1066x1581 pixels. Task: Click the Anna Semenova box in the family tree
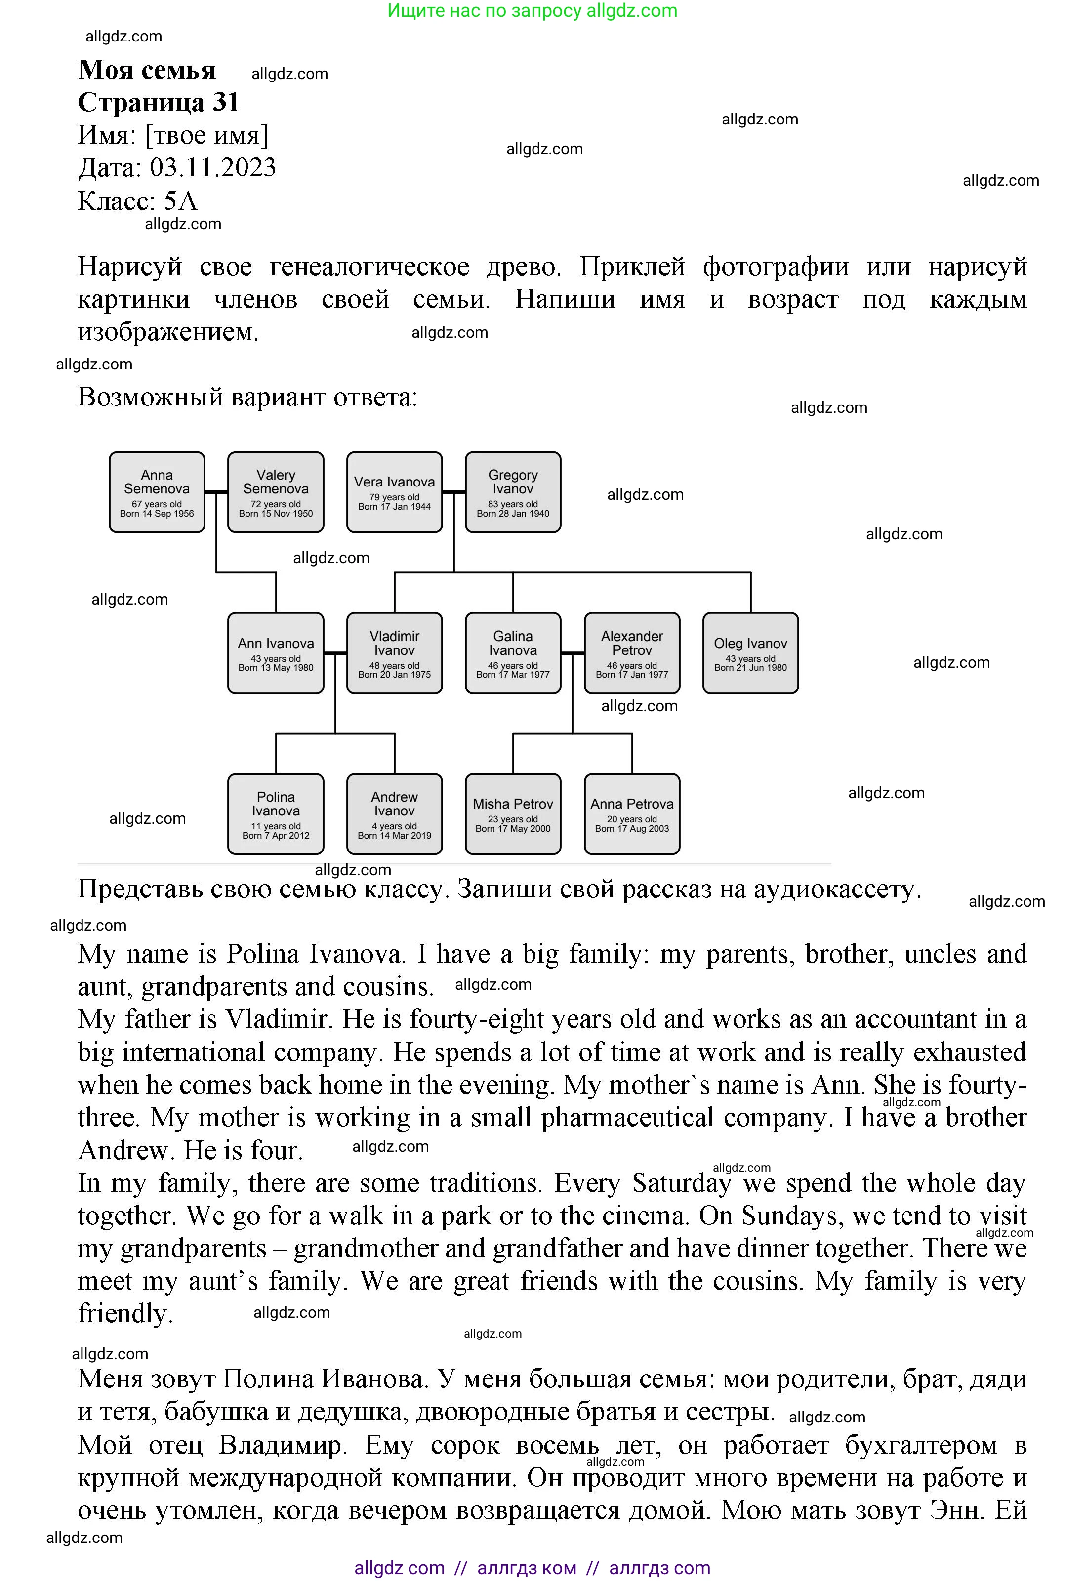(x=157, y=492)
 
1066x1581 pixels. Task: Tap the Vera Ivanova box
(x=394, y=492)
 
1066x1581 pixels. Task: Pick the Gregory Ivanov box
(x=513, y=492)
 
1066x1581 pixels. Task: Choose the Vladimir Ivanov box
(x=394, y=653)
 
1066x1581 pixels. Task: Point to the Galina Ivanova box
(x=513, y=653)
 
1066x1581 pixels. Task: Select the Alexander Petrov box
(x=632, y=653)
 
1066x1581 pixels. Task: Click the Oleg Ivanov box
(x=750, y=653)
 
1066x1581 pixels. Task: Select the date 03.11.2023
(x=213, y=168)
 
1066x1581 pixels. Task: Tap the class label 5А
(x=180, y=201)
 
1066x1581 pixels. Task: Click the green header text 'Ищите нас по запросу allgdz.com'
(x=533, y=11)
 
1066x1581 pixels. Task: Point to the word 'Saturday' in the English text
(x=681, y=1183)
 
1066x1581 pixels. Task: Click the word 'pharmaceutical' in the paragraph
(x=627, y=1118)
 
